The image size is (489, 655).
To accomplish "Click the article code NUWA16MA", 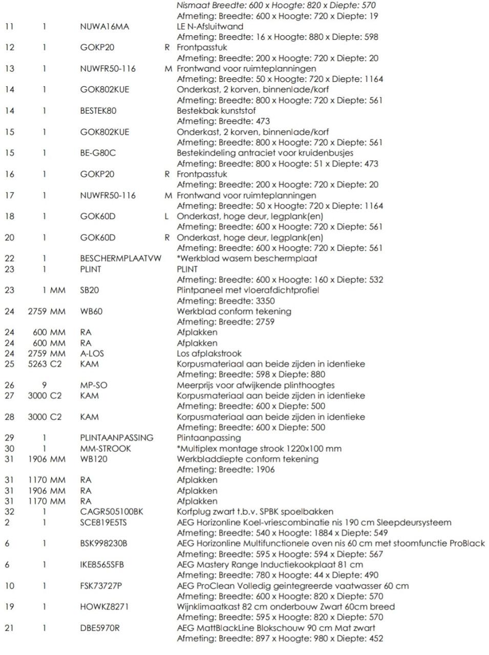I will [104, 27].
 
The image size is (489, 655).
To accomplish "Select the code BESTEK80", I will [98, 111].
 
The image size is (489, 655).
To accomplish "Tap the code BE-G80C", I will [98, 152].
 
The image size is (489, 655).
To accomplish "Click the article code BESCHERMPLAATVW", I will [120, 258].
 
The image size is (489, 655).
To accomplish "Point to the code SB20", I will [90, 290].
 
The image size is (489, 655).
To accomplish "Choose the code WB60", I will [91, 311].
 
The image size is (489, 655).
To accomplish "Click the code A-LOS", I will [92, 354].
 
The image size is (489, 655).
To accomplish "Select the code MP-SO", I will [94, 385].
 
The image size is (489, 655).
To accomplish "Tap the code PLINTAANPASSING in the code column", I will [117, 438].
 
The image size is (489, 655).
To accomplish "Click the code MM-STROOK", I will [105, 448].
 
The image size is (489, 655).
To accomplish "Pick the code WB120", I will [94, 459].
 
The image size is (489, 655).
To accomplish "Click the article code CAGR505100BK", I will [112, 512].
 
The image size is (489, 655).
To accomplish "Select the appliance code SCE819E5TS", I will [103, 522].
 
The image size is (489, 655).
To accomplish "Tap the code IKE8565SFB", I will [102, 565].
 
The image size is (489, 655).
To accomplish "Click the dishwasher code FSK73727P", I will [101, 586].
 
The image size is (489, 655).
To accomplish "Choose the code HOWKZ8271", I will [104, 607].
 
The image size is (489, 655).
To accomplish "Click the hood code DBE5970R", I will [100, 628].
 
